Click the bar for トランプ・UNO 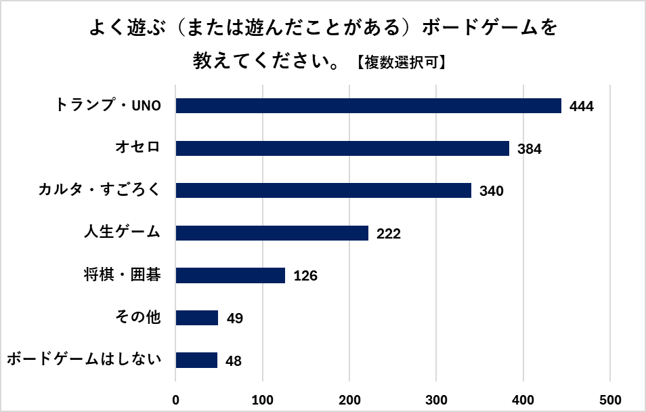pyautogui.click(x=368, y=106)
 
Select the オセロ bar pyautogui.click(x=342, y=148)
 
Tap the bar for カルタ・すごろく pyautogui.click(x=323, y=190)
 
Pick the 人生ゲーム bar pyautogui.click(x=272, y=233)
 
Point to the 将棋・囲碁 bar pyautogui.click(x=230, y=275)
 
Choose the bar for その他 pyautogui.click(x=196, y=318)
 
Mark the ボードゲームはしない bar pyautogui.click(x=196, y=360)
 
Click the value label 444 pyautogui.click(x=582, y=106)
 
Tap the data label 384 pyautogui.click(x=530, y=149)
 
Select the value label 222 pyautogui.click(x=389, y=234)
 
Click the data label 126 pyautogui.click(x=305, y=276)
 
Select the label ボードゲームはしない pyautogui.click(x=84, y=359)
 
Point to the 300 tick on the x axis pyautogui.click(x=437, y=399)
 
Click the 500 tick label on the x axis pyautogui.click(x=610, y=399)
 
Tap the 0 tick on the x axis pyautogui.click(x=176, y=399)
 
